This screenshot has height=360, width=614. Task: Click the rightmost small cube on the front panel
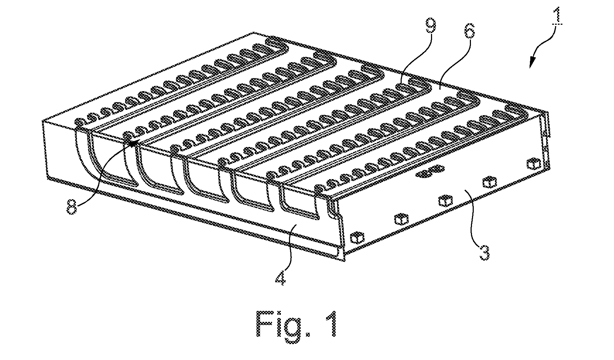click(532, 164)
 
